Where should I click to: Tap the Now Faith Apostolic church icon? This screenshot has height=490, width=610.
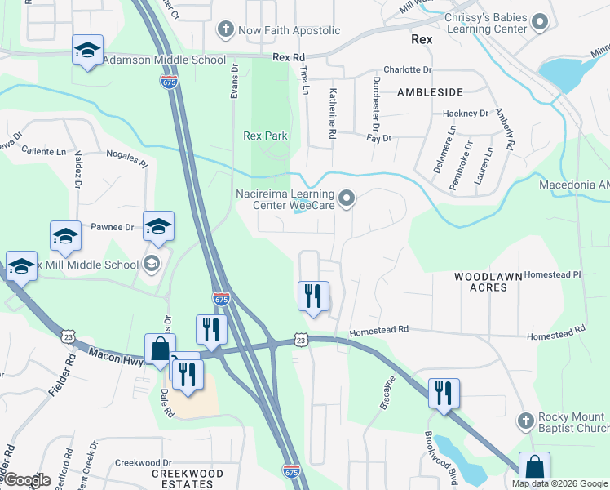coord(225,30)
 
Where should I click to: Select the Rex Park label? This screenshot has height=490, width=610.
coord(265,136)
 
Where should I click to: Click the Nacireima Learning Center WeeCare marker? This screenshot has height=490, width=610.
coord(347,198)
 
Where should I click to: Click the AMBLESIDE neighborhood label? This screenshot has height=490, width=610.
coord(430,92)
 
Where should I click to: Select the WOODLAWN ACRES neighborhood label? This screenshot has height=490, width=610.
coord(488,283)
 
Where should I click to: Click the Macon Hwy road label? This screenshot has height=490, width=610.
coord(116,356)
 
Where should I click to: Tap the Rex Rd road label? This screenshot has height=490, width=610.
coord(288,57)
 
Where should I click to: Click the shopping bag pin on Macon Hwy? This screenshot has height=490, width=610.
coord(160,349)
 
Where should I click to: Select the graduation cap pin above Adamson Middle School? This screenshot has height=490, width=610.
coord(87,50)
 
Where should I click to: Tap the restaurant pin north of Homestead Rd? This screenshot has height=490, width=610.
coord(313,296)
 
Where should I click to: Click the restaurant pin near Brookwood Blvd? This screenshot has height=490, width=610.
coord(444,394)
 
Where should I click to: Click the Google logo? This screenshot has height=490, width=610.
coord(27,480)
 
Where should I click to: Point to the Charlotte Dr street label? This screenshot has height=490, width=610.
coord(407,70)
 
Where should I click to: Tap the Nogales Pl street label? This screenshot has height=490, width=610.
coord(126,158)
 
